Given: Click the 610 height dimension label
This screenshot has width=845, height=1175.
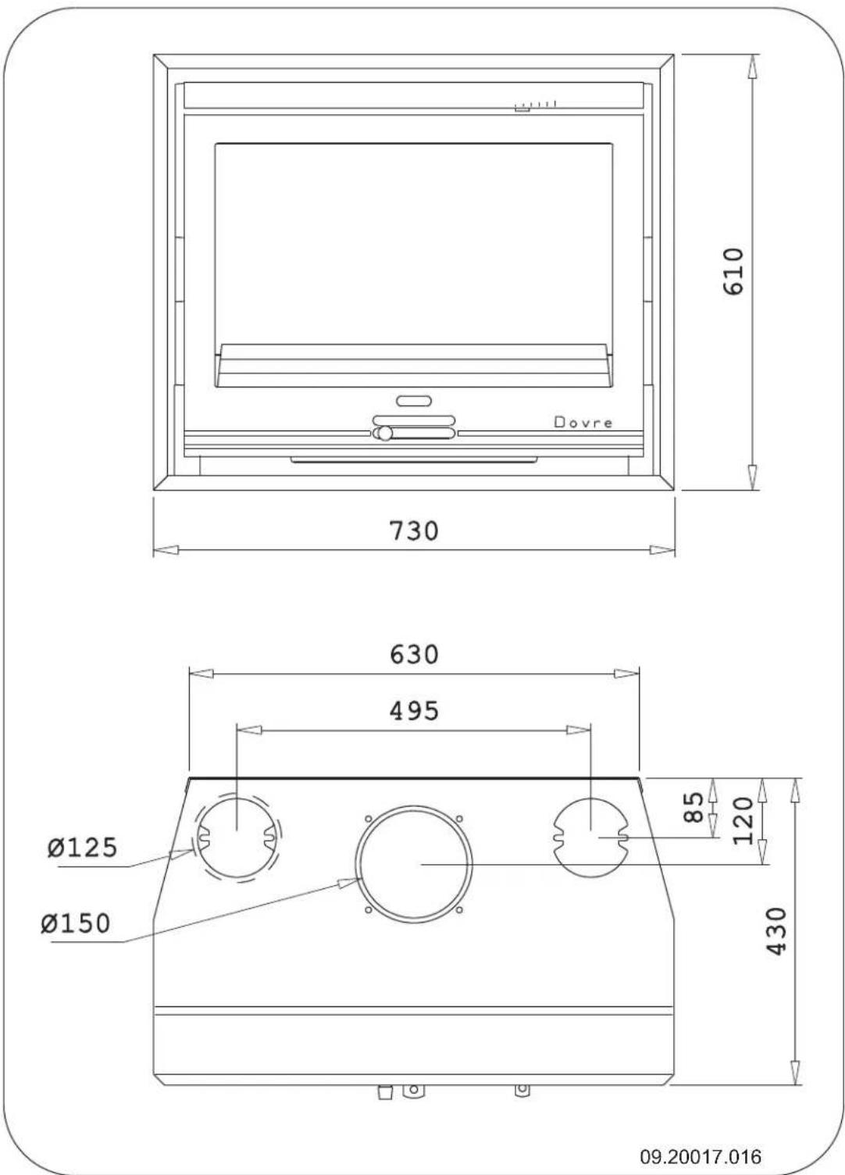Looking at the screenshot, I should [734, 271].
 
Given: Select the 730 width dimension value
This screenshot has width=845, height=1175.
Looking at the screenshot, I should [414, 530].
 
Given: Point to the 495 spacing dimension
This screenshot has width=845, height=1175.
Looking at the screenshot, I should [414, 710].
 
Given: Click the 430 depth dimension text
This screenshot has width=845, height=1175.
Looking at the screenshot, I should [776, 930].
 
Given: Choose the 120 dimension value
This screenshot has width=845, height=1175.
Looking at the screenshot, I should [743, 820].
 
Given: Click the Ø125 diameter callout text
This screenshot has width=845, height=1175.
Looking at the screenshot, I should [81, 847].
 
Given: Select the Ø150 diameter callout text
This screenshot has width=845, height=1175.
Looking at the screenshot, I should [77, 923].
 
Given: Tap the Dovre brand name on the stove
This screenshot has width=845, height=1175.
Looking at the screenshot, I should [583, 423].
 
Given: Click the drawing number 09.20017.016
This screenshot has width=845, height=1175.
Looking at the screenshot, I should [701, 1155].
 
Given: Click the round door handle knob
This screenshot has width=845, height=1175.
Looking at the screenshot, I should [383, 434].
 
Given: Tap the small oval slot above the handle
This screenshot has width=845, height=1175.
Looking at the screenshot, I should [414, 401].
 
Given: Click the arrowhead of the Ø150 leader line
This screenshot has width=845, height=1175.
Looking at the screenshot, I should [348, 881].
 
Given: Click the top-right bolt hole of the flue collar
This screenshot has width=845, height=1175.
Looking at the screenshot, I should [459, 819].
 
